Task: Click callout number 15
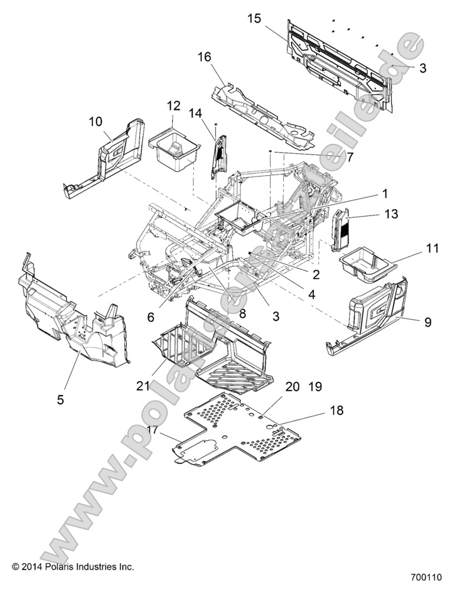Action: (x=254, y=19)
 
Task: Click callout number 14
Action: (x=196, y=114)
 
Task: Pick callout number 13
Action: (x=390, y=214)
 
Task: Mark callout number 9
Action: (x=427, y=322)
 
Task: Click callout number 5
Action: (x=61, y=399)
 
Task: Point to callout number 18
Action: (x=336, y=411)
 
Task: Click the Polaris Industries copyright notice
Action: (x=73, y=566)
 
